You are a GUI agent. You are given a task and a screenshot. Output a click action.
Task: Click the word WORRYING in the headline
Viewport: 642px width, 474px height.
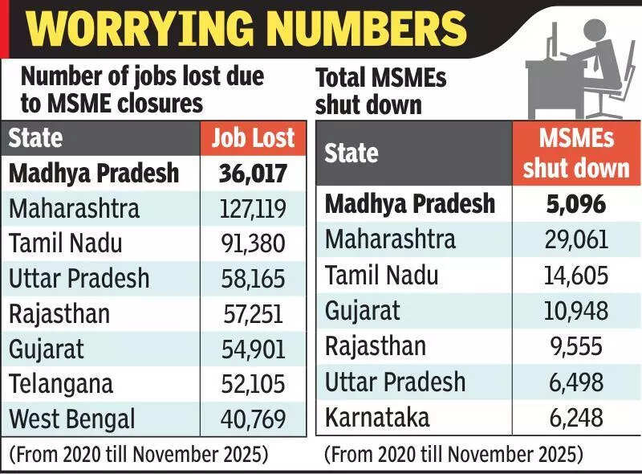(x=136, y=30)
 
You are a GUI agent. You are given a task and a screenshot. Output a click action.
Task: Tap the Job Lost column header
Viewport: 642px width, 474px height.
(x=253, y=137)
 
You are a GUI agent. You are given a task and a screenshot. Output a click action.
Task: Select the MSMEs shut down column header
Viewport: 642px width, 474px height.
(x=576, y=153)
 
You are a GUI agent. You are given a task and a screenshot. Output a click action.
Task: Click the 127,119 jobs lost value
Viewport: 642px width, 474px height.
(x=253, y=209)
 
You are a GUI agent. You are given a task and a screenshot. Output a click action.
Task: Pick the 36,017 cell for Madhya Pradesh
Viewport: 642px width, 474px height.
(x=253, y=174)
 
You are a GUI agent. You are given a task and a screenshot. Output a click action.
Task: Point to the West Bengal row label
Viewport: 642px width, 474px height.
(x=72, y=419)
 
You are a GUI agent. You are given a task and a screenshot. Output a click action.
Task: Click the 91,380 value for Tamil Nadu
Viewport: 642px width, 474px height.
(x=253, y=243)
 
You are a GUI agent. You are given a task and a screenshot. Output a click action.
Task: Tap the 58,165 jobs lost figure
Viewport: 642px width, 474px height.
(x=253, y=279)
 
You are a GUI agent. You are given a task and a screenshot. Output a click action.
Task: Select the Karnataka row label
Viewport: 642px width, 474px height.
(x=377, y=417)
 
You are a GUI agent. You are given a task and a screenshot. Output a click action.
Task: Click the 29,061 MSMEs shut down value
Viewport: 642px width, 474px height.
(x=575, y=239)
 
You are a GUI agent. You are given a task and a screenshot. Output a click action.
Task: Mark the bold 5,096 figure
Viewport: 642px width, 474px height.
(x=575, y=204)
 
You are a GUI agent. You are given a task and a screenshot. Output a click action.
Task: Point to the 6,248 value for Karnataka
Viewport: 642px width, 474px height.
(x=575, y=417)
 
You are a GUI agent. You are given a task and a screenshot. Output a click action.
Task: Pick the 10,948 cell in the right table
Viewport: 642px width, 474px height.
(x=575, y=310)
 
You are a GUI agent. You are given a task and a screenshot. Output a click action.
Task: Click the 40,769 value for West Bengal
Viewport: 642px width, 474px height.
(x=253, y=419)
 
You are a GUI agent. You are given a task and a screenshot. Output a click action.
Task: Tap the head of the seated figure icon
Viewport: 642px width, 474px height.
(x=595, y=32)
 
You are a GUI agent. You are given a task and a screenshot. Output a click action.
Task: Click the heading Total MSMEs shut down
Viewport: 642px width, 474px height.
(x=380, y=92)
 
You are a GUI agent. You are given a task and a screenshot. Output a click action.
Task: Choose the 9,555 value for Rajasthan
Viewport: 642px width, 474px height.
(x=575, y=346)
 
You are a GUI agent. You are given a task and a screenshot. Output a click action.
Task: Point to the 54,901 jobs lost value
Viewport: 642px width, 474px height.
(x=253, y=349)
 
